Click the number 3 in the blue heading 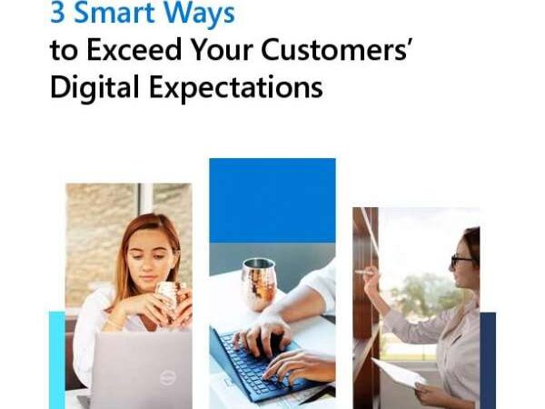pos(58,13)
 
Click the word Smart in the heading pos(114,13)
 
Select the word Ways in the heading pos(199,14)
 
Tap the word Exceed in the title pos(134,49)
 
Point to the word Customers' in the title pos(334,49)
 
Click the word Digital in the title pos(94,87)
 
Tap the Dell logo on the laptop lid pos(167,378)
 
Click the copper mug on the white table pos(259,284)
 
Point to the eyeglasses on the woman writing pos(461,260)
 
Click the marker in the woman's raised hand pos(364,273)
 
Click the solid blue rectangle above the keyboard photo pos(272,200)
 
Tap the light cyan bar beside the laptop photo pos(57,360)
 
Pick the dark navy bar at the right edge pos(488,360)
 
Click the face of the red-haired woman pos(150,255)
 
